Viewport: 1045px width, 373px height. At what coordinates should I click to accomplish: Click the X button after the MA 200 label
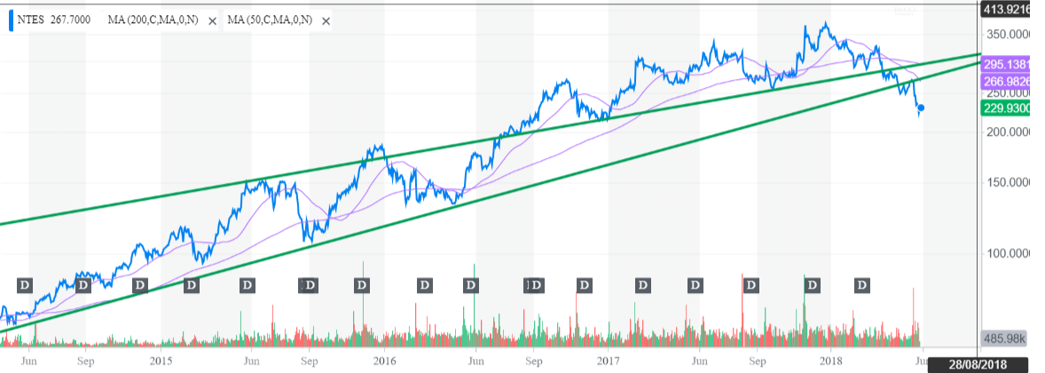212,20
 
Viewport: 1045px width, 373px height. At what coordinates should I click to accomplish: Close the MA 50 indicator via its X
326,20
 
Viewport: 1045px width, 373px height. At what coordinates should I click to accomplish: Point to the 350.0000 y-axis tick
1010,34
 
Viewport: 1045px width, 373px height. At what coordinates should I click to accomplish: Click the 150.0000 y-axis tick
1010,182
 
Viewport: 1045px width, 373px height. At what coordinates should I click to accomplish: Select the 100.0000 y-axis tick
1010,254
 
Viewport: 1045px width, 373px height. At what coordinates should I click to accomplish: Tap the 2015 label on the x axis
161,361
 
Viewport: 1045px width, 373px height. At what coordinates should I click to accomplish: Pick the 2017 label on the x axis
608,361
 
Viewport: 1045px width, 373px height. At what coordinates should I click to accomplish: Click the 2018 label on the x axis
831,361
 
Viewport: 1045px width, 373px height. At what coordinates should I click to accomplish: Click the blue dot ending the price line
922,108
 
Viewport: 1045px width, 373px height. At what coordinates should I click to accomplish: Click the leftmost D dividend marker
25,285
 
